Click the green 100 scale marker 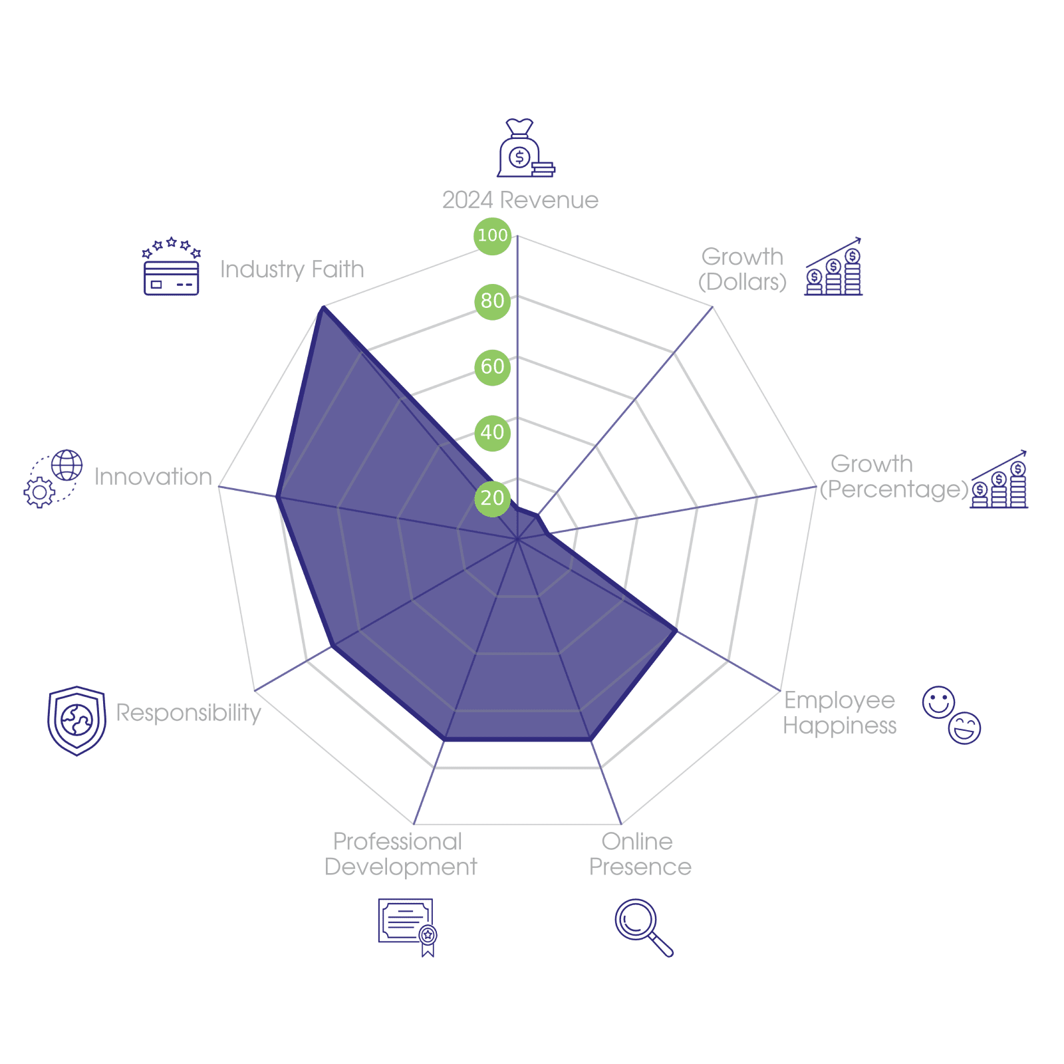492,235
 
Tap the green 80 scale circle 492,301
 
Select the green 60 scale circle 492,366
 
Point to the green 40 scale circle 492,432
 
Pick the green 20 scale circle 492,497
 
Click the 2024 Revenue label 520,200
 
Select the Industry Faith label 292,269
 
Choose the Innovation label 153,477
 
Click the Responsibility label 189,712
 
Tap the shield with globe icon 76,721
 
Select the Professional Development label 400,854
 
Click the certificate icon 407,927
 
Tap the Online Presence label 640,854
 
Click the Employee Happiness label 840,712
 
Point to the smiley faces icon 952,715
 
